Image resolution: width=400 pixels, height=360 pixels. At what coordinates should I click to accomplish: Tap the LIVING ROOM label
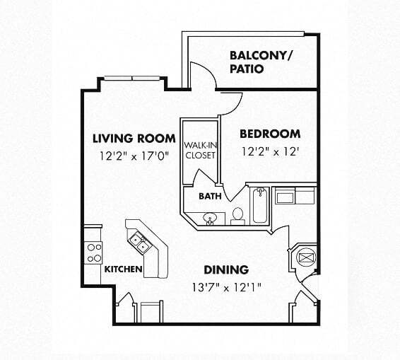pyautogui.click(x=134, y=138)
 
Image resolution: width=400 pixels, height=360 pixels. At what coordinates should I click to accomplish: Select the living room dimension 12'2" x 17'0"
pyautogui.click(x=134, y=157)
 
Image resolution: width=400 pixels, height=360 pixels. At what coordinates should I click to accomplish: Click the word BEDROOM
pyautogui.click(x=269, y=134)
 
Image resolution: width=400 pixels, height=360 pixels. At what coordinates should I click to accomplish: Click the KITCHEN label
pyautogui.click(x=124, y=269)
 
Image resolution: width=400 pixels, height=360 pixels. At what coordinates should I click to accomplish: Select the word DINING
pyautogui.click(x=226, y=269)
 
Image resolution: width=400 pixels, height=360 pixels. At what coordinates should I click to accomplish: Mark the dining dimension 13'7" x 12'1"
pyautogui.click(x=226, y=287)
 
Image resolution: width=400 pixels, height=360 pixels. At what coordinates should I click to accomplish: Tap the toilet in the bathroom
pyautogui.click(x=237, y=214)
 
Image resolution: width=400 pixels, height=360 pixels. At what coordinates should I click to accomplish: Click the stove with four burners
pyautogui.click(x=94, y=252)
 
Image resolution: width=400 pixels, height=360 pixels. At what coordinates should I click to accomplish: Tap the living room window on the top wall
pyautogui.click(x=134, y=78)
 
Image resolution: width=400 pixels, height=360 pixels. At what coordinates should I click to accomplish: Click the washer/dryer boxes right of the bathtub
pyautogui.click(x=295, y=195)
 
